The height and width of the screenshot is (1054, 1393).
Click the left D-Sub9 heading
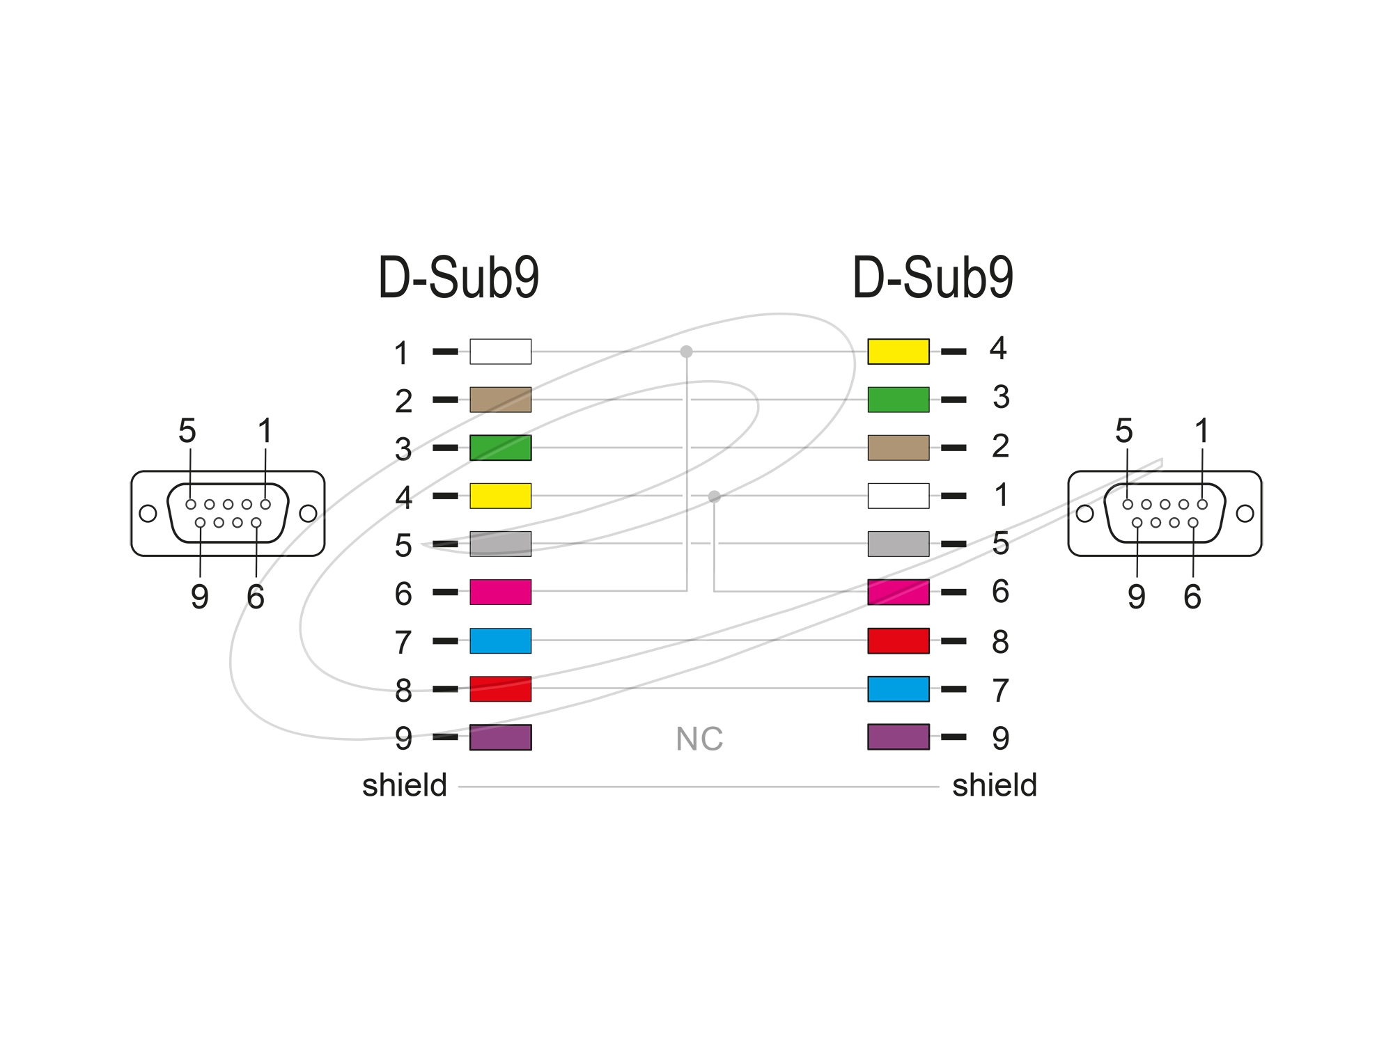tap(458, 278)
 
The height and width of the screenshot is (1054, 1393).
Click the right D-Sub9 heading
tap(933, 278)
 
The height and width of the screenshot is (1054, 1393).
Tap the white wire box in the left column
tap(500, 352)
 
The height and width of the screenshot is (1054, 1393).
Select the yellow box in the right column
tap(898, 352)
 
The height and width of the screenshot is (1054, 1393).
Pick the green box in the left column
tap(500, 448)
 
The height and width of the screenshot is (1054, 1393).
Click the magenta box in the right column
tap(898, 592)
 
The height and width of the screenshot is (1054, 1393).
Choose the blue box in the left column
tap(500, 640)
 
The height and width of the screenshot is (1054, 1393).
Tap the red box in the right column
tap(898, 640)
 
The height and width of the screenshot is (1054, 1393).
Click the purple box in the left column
tap(500, 737)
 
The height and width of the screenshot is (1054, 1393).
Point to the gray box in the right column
tap(898, 544)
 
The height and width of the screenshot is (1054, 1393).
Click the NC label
tap(699, 739)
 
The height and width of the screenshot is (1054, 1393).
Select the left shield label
tap(404, 785)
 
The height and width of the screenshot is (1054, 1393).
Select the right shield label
tap(995, 785)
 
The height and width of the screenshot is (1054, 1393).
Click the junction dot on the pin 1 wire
tap(686, 352)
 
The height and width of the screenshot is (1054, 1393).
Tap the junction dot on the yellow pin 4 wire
tap(714, 496)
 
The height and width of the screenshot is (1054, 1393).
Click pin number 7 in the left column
tap(403, 643)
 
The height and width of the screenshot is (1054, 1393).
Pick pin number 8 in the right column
tap(1000, 641)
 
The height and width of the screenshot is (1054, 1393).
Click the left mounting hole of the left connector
tap(148, 514)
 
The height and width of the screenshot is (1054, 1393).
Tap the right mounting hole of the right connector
tap(1245, 514)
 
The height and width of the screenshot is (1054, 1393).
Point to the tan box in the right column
tap(898, 448)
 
